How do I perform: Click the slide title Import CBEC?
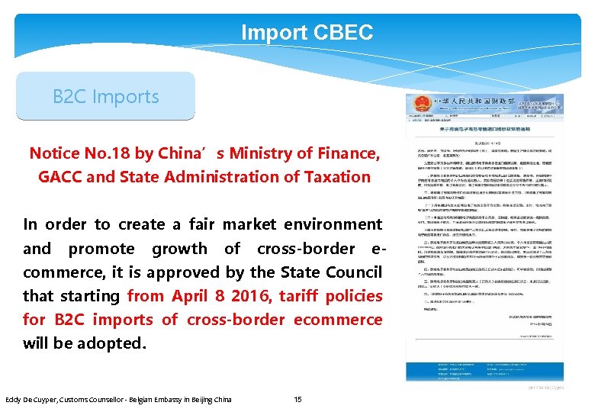(x=307, y=33)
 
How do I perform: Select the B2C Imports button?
(x=106, y=97)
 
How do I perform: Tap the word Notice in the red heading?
(x=54, y=153)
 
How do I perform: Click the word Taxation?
(x=333, y=177)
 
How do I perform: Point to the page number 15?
(x=298, y=399)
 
